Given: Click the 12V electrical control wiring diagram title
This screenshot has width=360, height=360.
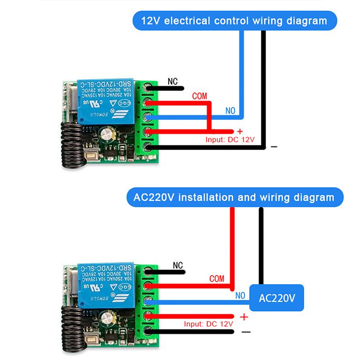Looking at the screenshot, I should pos(234,21).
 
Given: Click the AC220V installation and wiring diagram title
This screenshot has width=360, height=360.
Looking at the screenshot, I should pos(234,197).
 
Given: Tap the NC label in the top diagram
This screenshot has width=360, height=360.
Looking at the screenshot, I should pos(173,82).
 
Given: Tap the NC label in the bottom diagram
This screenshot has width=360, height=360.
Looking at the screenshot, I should pos(178,265).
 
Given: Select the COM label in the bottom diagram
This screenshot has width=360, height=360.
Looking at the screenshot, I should pos(216,279).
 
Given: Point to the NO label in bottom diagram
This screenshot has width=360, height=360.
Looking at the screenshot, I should pos(240,295).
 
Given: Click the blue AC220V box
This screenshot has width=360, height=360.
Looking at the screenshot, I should pos(277,298).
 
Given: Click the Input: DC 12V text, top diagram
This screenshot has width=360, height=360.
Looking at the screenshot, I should pos(230,139).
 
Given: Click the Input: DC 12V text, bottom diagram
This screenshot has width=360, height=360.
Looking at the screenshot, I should pos(208,324).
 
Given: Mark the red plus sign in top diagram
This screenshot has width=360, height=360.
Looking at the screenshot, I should pos(240,131).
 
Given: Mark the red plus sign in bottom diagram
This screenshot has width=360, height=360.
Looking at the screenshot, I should pos(244,317).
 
